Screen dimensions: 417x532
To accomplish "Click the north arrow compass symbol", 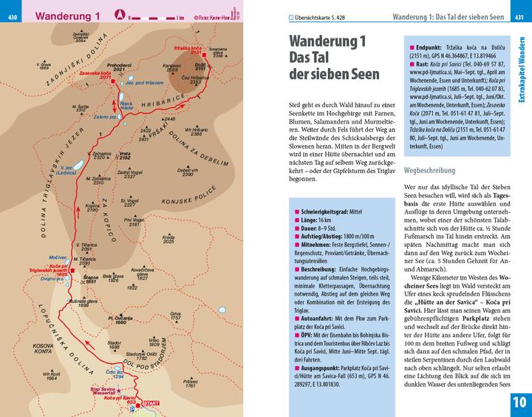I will pyautogui.click(x=119, y=14).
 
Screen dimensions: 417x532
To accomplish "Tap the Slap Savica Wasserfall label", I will pyautogui.click(x=105, y=392).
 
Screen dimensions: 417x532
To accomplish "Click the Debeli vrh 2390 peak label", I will pyautogui.click(x=188, y=173).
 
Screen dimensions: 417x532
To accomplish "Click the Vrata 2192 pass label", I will pyautogui.click(x=123, y=157).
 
